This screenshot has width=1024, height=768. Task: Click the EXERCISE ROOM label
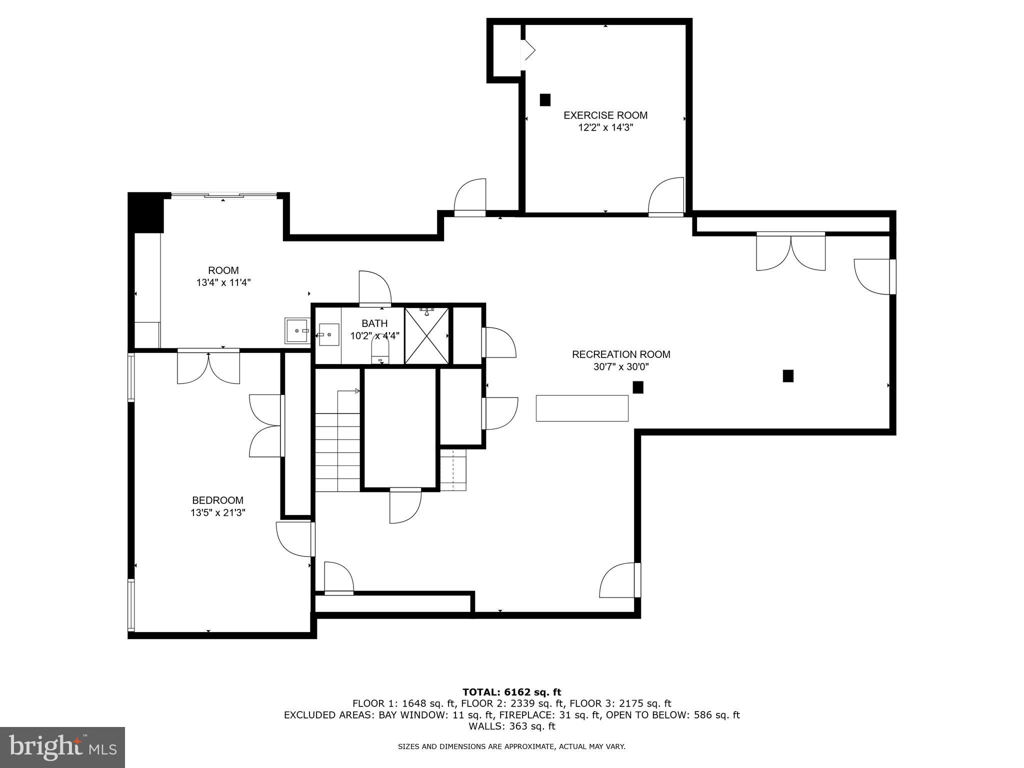point(605,115)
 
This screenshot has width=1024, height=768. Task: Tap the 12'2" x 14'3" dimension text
point(605,127)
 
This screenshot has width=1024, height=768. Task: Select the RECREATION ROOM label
point(621,354)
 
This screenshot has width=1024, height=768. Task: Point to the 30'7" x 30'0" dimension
point(621,367)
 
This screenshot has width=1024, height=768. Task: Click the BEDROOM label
point(217,500)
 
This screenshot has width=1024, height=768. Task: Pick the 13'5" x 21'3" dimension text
point(217,512)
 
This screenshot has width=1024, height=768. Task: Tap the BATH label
point(374,323)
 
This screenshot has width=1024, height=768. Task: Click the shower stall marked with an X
point(426,335)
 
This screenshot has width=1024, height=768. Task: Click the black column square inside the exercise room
point(545,100)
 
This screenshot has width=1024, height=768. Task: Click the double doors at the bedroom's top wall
point(208,367)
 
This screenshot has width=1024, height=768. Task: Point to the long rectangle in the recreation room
point(582,408)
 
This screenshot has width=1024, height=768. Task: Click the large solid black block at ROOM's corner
point(146,213)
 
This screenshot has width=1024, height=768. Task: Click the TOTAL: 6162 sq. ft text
point(511,692)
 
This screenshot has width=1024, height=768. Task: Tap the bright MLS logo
point(62,747)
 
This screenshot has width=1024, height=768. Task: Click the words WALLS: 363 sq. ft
point(511,726)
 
